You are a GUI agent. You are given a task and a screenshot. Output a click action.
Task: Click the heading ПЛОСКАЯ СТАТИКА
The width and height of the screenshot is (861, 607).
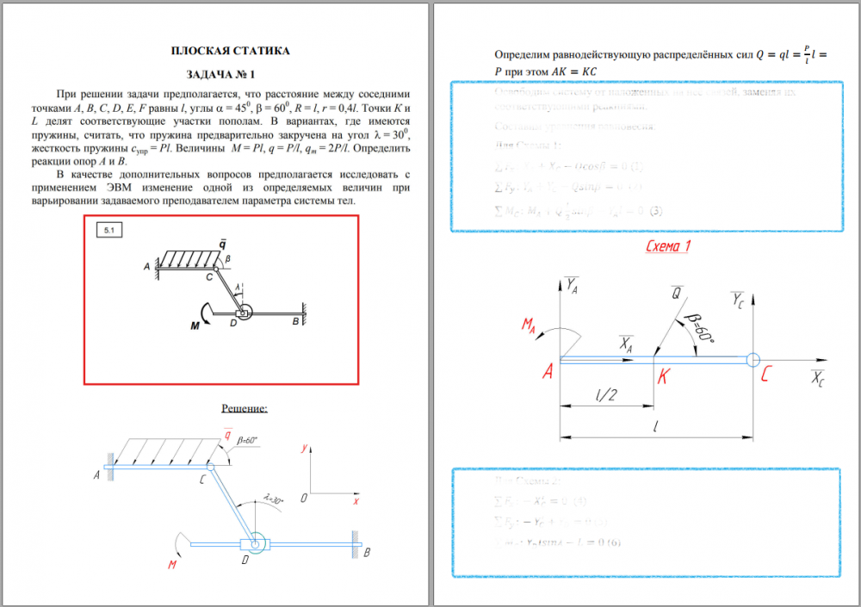[230, 51]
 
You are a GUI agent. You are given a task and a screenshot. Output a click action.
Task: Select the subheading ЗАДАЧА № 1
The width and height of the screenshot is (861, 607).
[230, 75]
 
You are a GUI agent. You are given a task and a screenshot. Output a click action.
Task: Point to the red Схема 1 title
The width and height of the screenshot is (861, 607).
[668, 247]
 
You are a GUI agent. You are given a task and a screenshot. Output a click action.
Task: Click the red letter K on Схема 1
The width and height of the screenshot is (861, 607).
[662, 376]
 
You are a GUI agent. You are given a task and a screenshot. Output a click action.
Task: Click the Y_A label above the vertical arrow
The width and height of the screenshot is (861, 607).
[572, 284]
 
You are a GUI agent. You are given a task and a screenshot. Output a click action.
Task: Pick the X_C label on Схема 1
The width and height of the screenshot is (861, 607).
[817, 381]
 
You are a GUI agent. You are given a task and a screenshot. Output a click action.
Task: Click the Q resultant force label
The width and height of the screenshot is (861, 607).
[677, 294]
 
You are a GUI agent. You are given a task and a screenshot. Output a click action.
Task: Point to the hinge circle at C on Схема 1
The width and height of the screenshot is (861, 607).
[753, 360]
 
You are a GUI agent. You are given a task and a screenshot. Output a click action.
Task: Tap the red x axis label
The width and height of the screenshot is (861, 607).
[355, 500]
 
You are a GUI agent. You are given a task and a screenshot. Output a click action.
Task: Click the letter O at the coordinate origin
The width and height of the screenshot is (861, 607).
[304, 498]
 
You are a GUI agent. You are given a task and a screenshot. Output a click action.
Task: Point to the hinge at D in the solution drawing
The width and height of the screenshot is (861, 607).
[254, 543]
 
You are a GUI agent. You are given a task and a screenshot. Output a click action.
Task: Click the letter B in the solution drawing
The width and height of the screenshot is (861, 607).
[367, 552]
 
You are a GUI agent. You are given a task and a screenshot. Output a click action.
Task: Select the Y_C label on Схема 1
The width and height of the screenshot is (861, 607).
[738, 300]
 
